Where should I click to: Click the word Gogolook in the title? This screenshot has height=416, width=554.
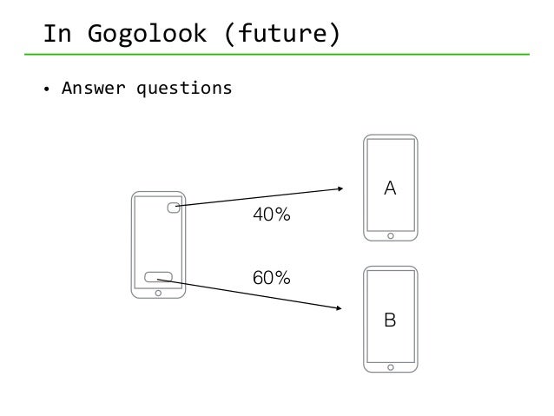tap(143, 35)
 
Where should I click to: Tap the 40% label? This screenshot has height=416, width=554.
tap(271, 215)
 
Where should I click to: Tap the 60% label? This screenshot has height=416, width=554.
tap(271, 278)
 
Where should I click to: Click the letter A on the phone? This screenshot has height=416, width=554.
tap(391, 188)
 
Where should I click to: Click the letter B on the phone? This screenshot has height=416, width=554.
tap(391, 320)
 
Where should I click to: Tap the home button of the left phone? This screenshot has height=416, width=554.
tap(157, 293)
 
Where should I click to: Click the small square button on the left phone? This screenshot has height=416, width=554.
tap(174, 207)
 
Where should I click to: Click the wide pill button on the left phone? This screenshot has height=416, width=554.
tap(158, 277)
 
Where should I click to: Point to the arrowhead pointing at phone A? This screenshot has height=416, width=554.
tap(341, 188)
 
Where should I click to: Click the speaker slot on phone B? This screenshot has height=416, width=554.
tap(391, 272)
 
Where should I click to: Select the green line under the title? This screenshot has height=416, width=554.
tap(277, 55)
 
